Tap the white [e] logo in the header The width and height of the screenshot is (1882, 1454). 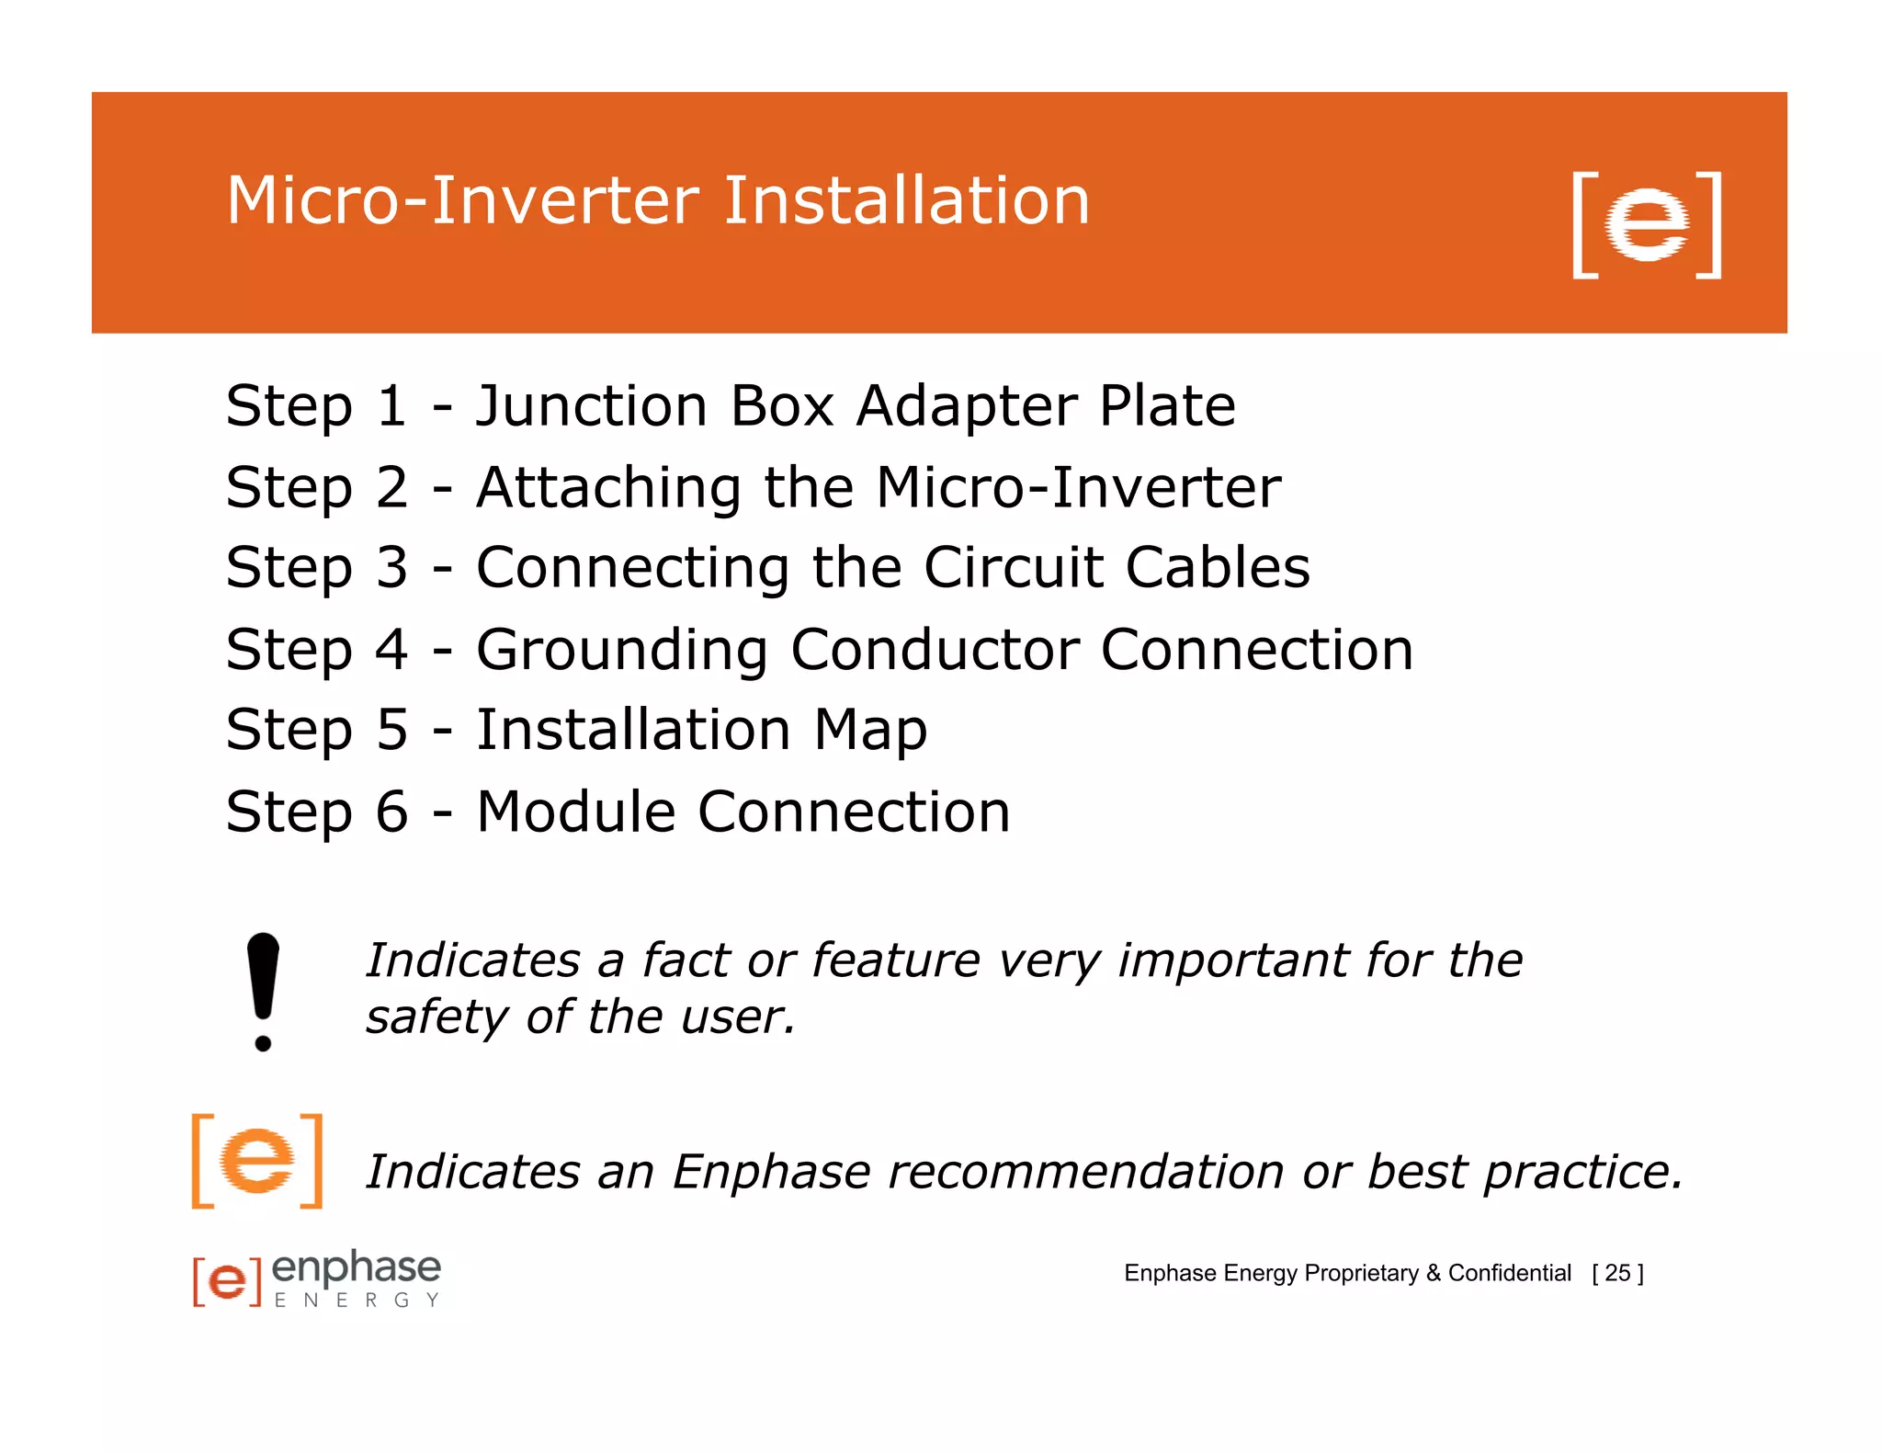[x=1646, y=224]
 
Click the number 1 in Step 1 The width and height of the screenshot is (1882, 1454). [x=391, y=405]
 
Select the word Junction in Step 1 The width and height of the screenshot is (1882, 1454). [x=591, y=405]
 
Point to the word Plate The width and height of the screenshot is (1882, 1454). [x=1167, y=405]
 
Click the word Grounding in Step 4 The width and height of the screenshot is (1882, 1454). [x=621, y=650]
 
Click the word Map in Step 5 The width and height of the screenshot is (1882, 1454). [x=869, y=731]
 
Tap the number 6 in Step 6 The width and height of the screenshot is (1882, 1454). [x=391, y=812]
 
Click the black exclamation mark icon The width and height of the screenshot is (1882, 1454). [x=263, y=991]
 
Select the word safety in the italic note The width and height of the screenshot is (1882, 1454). [x=436, y=1017]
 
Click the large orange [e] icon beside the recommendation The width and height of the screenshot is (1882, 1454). [x=257, y=1161]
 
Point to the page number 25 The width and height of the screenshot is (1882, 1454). [x=1617, y=1273]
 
